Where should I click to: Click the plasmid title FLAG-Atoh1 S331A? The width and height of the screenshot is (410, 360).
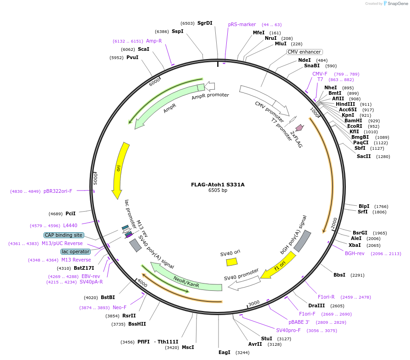click(218, 185)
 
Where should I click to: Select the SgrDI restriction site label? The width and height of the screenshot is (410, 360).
click(205, 23)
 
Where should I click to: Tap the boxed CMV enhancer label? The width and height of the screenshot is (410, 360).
click(304, 52)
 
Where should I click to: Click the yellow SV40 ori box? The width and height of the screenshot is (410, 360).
click(232, 262)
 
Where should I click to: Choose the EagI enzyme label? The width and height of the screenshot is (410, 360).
click(224, 352)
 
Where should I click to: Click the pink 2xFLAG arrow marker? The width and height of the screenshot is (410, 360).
click(299, 127)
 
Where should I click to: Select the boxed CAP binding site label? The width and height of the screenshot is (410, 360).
click(64, 235)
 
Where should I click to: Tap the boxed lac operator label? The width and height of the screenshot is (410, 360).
click(75, 251)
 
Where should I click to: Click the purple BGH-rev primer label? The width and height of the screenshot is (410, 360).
click(355, 253)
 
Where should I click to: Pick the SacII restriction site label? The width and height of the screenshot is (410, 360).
click(364, 156)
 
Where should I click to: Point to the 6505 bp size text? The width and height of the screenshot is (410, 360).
click(218, 190)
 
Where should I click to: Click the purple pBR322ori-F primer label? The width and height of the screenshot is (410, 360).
click(58, 191)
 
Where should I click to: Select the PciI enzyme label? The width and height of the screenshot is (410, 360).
click(71, 213)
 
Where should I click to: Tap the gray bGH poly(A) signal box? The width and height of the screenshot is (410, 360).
click(302, 241)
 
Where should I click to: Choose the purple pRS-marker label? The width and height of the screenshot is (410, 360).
click(242, 24)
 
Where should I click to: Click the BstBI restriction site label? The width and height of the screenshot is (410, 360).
click(108, 297)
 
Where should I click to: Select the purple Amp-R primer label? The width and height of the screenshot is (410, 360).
click(154, 41)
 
